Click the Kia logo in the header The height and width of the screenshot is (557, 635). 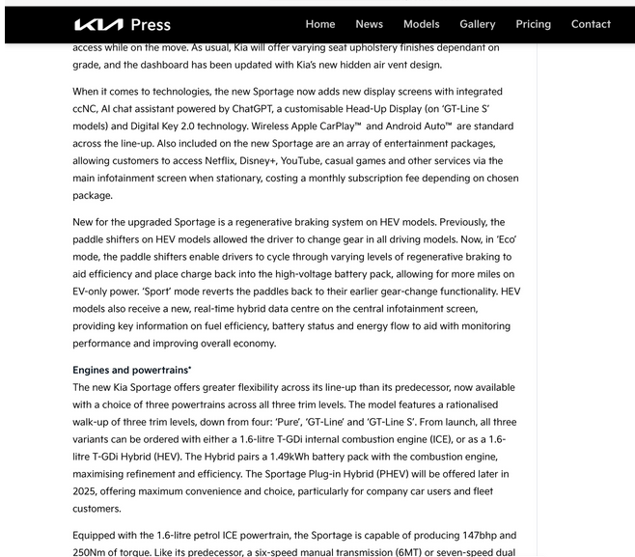(x=97, y=24)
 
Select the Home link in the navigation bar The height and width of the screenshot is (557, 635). (x=320, y=24)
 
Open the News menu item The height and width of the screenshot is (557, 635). (x=369, y=24)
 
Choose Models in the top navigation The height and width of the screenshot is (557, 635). (x=421, y=24)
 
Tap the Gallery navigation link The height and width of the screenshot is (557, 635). (x=477, y=24)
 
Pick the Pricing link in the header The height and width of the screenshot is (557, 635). (x=533, y=24)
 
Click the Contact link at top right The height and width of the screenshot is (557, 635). (x=591, y=24)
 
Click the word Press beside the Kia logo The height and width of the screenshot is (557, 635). (x=151, y=24)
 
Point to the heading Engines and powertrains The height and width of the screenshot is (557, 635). (x=132, y=370)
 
